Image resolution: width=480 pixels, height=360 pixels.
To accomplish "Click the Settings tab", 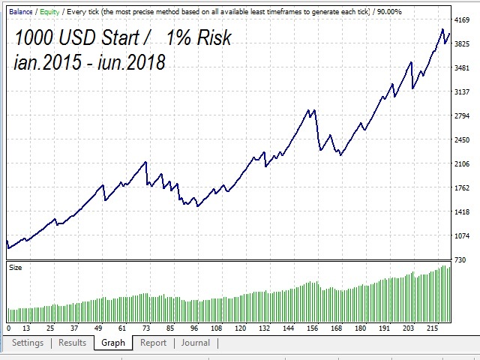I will pos(28,343).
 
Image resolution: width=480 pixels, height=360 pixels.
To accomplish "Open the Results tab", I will pos(73,343).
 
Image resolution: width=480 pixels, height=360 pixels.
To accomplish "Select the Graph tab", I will pos(113,343).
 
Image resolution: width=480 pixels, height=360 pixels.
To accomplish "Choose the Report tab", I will pos(153,343).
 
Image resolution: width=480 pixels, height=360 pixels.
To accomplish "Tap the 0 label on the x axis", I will pos(8,328).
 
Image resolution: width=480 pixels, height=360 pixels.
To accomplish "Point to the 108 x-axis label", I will pos(217,328).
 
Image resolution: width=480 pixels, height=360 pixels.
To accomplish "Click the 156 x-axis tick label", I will pos(313,328).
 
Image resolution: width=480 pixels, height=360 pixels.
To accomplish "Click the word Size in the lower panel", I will pos(15,266).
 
